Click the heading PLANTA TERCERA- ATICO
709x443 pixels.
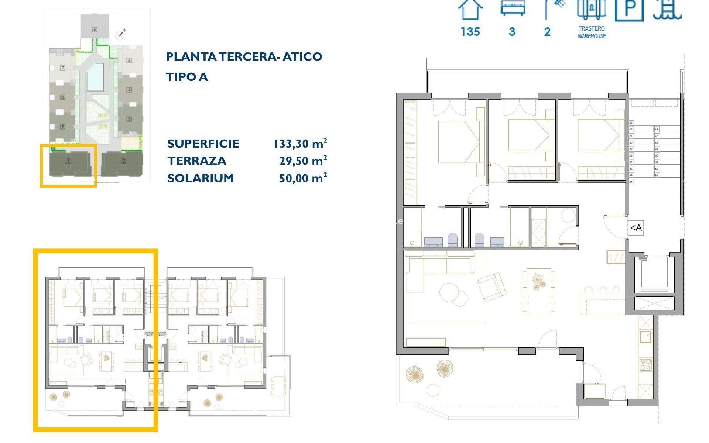click(244, 56)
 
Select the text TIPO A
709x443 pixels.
click(187, 77)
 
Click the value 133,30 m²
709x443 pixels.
click(300, 143)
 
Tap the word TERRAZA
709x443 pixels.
click(196, 161)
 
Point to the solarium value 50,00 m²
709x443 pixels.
click(303, 178)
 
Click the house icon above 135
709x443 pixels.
click(470, 10)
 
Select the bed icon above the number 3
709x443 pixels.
click(513, 8)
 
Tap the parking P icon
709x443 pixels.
click(629, 10)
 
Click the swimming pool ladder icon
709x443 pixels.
click(668, 10)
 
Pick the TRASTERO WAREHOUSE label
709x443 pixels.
click(592, 32)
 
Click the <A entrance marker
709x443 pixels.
click(636, 228)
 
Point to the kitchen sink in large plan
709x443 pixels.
click(645, 337)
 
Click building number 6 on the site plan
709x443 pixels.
click(95, 30)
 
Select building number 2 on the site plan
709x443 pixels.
click(123, 161)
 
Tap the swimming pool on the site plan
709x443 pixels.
click(95, 77)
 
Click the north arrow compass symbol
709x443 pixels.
click(121, 34)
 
